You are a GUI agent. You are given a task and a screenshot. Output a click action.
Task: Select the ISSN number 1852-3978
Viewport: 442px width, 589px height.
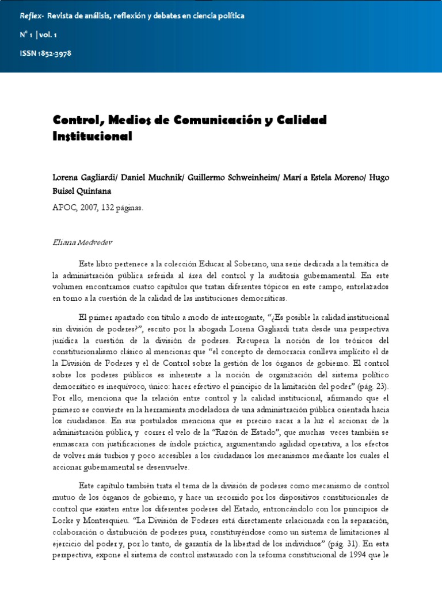coord(54,53)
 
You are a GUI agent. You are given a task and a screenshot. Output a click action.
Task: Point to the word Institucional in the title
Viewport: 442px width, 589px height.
coord(93,137)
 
